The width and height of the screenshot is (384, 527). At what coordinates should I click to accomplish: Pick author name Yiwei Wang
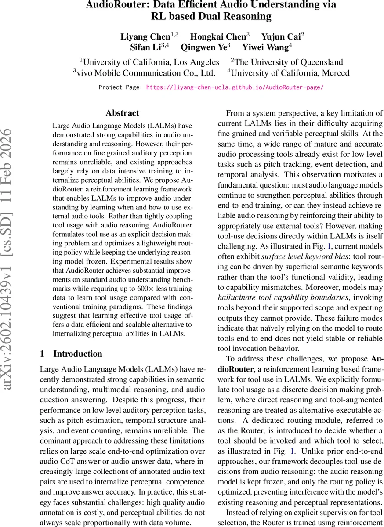click(265, 47)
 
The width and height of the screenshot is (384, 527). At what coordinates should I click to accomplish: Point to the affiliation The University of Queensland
click(289, 62)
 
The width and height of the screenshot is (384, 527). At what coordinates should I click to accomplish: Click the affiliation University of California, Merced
click(290, 73)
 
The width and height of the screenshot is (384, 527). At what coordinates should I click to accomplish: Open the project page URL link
click(235, 87)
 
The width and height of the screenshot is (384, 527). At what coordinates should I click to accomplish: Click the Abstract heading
click(122, 113)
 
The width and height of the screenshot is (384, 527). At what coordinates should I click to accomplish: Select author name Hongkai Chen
click(218, 37)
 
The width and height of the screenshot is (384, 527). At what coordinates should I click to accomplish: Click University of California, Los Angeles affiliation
click(151, 62)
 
